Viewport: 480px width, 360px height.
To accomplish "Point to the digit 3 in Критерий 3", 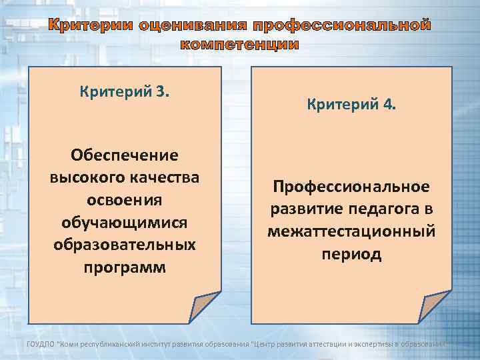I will (x=165, y=89).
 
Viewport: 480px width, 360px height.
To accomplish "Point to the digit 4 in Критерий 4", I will (x=390, y=105).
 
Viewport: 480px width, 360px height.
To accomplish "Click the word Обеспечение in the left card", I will (x=125, y=155).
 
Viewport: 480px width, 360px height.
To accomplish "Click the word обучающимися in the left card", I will (x=125, y=222).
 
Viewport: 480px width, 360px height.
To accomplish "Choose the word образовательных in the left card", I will (x=125, y=245).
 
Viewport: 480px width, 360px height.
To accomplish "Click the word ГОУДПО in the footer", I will (x=42, y=343).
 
